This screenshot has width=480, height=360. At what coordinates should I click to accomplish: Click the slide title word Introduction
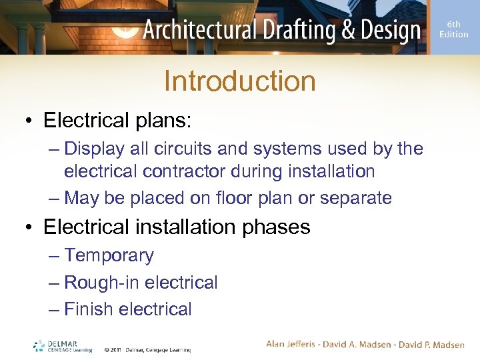pyautogui.click(x=239, y=81)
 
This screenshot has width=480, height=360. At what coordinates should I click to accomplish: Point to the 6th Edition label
pyautogui.click(x=453, y=29)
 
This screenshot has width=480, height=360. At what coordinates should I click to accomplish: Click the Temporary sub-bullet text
pyautogui.click(x=109, y=255)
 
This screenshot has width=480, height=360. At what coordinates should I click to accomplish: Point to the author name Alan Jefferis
pyautogui.click(x=293, y=344)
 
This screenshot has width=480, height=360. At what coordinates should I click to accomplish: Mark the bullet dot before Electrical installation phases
pyautogui.click(x=29, y=227)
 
